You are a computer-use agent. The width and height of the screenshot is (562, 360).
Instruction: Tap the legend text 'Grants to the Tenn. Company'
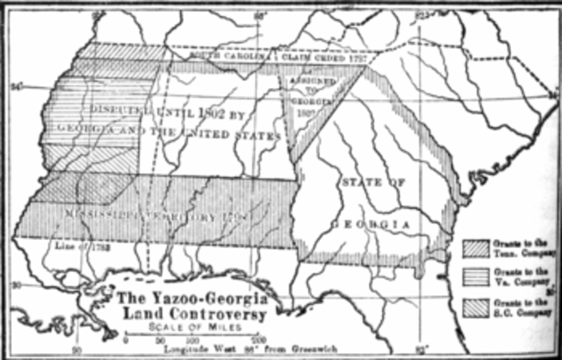click(x=522, y=248)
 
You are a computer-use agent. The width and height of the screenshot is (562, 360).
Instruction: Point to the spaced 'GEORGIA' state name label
click(x=371, y=226)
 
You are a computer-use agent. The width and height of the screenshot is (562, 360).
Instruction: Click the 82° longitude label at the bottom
click(x=421, y=350)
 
